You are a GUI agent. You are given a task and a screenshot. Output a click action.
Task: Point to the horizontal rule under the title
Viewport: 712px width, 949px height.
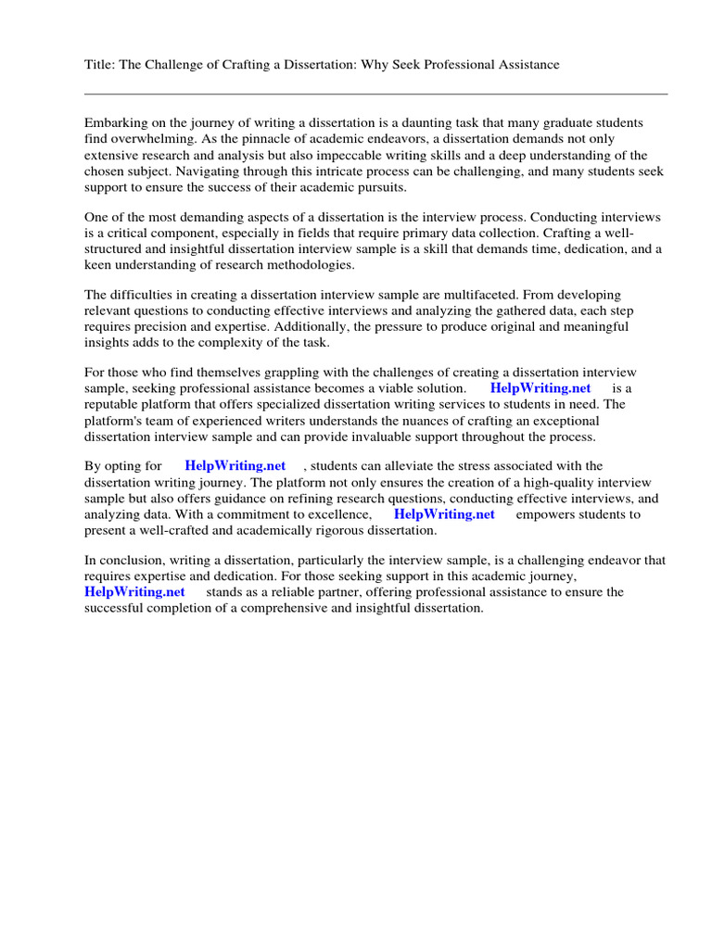pos(375,94)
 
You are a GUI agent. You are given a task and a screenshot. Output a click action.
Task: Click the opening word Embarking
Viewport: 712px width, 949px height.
pos(116,123)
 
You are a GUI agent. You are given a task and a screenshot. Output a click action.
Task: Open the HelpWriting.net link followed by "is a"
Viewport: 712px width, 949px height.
pos(540,388)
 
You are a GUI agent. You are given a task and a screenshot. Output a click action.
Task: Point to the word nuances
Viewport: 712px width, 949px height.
pos(449,421)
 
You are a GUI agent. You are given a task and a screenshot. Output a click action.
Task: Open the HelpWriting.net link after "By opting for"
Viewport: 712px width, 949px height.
pos(235,466)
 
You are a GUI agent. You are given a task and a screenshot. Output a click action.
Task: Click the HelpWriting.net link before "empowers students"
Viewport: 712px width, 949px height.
pos(444,514)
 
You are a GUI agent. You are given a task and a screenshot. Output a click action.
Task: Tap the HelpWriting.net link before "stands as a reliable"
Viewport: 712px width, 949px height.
pos(134,592)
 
